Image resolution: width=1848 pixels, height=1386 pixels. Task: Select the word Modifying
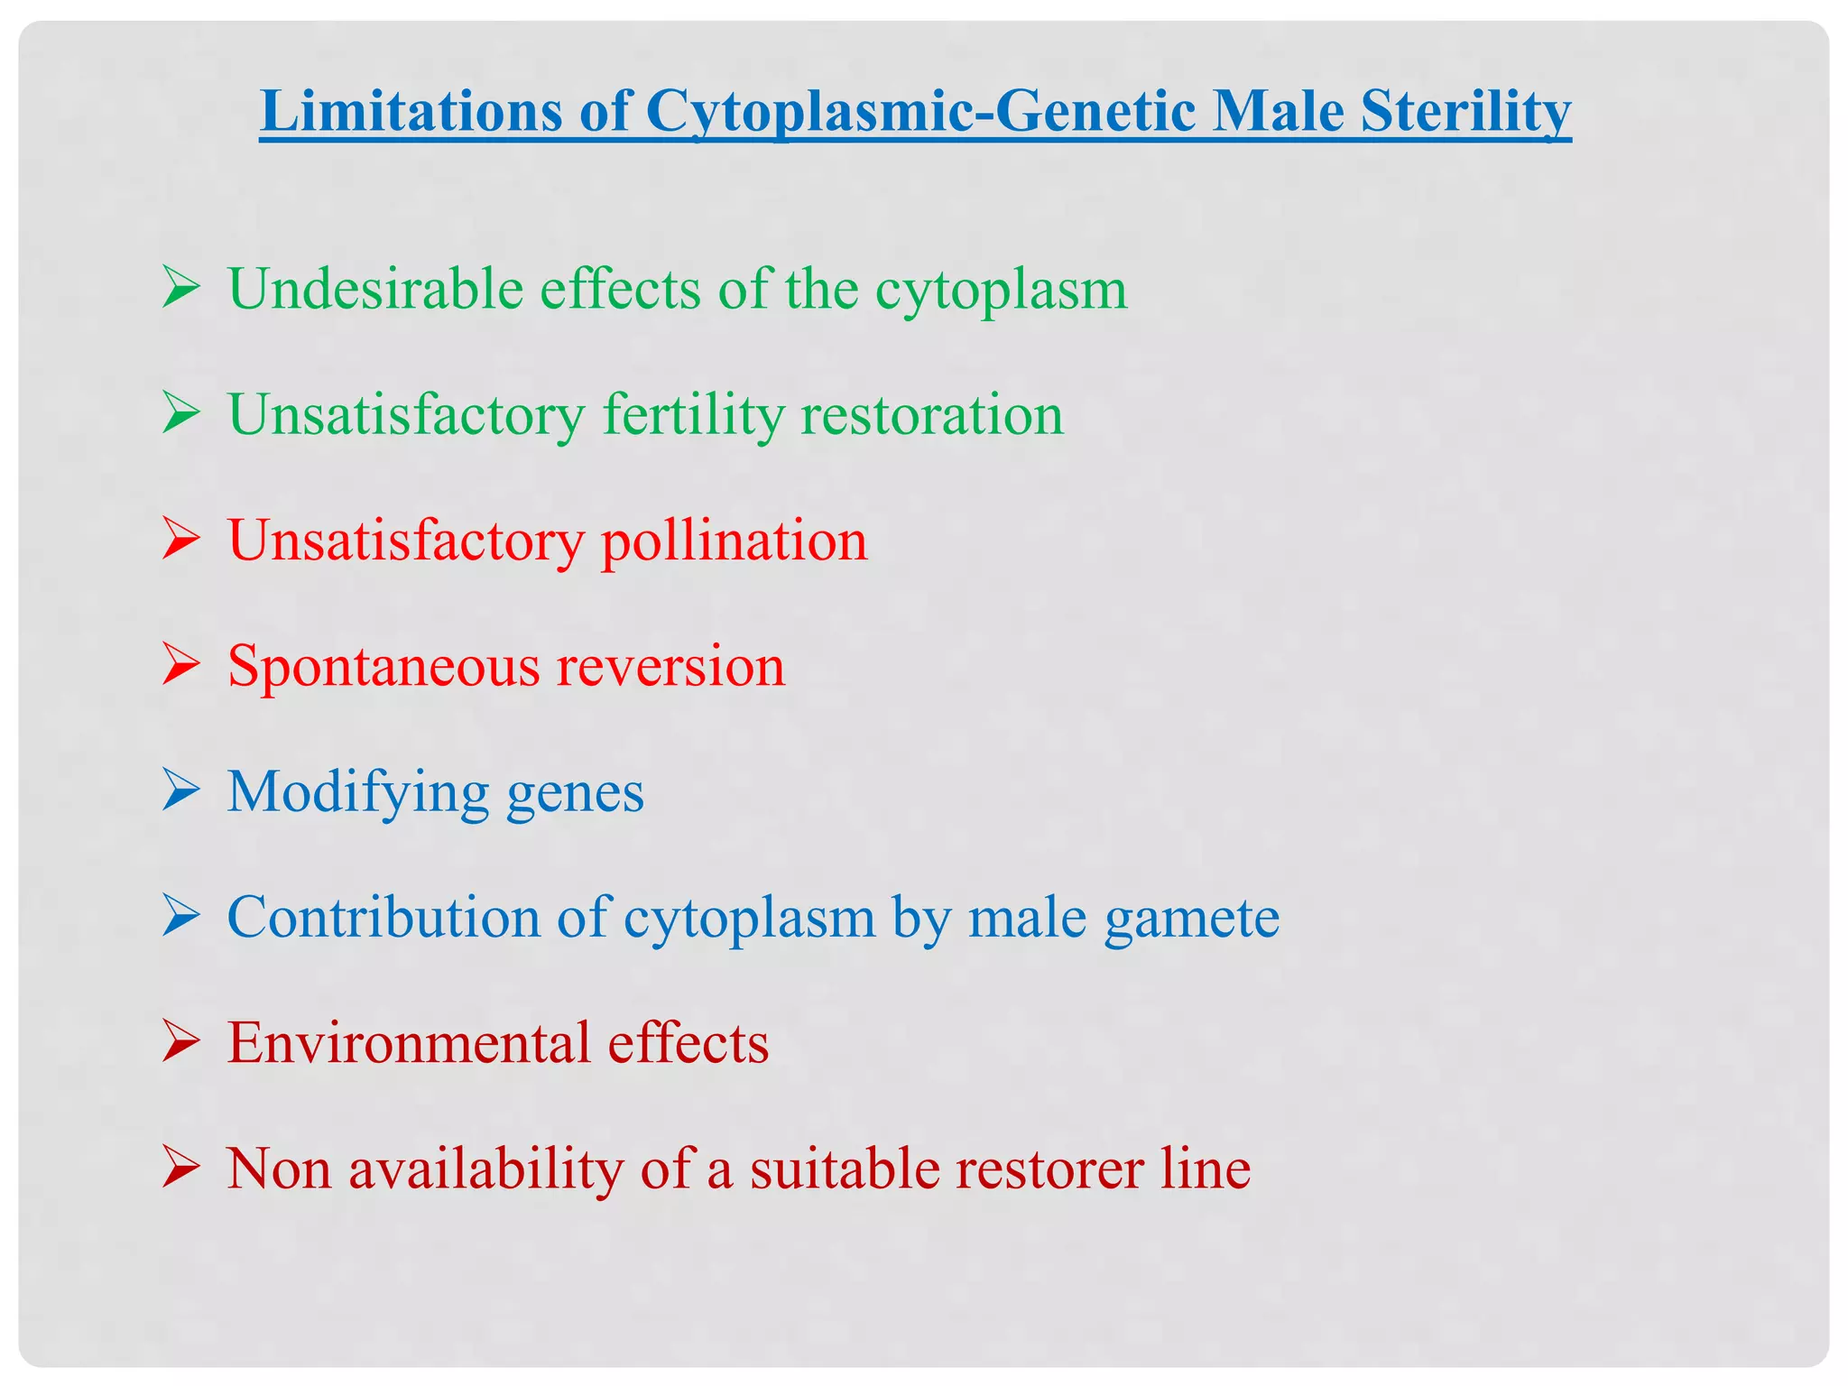358,791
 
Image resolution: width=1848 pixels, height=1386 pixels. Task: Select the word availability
486,1169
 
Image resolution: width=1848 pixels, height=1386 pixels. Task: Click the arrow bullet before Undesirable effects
181,290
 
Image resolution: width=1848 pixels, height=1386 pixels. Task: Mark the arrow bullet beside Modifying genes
181,791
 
